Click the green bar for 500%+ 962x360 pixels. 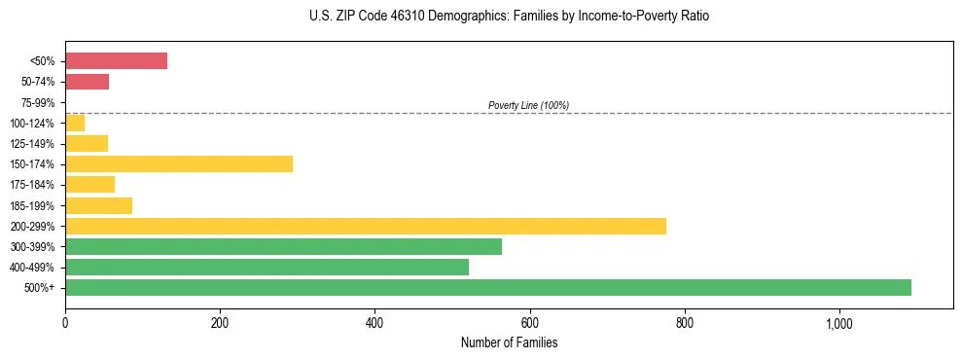click(487, 287)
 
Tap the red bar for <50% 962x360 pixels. click(116, 60)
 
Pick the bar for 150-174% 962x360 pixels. click(179, 163)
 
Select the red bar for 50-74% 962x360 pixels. click(87, 82)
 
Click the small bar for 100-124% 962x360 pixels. click(75, 123)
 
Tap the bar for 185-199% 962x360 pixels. click(98, 205)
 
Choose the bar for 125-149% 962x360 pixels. click(87, 143)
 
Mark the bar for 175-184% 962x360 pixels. click(89, 184)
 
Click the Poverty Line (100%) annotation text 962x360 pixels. click(528, 105)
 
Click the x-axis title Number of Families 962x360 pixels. click(509, 343)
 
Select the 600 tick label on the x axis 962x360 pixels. click(529, 323)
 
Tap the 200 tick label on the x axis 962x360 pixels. click(220, 323)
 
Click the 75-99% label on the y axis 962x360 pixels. click(37, 102)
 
